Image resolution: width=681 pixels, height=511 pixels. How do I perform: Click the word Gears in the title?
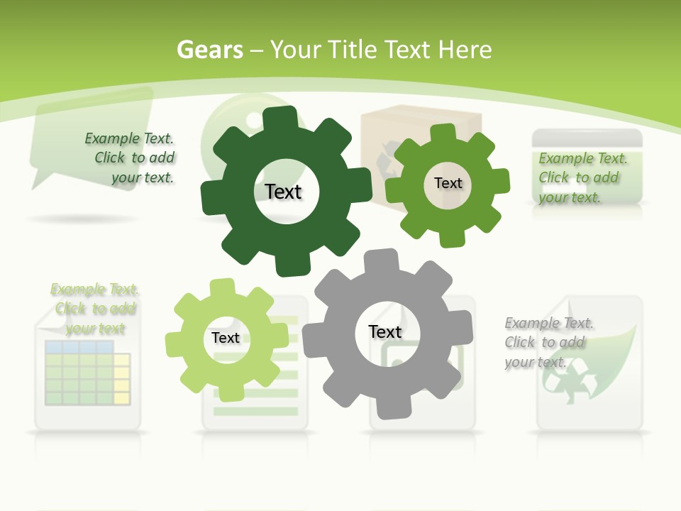pos(209,50)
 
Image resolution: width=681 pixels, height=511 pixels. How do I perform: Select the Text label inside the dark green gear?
pos(283,192)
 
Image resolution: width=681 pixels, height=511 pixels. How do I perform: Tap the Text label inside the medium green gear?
pos(448,183)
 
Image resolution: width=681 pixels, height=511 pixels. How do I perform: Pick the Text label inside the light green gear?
pos(226,339)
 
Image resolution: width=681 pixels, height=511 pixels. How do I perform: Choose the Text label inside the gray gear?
pos(385,332)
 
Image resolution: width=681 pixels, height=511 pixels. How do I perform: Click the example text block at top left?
pos(131,158)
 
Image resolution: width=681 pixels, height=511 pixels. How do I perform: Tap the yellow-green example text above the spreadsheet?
pos(95,309)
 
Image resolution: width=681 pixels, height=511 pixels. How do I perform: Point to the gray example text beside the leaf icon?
pos(548,343)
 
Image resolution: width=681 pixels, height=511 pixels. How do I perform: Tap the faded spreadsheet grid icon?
pos(87,373)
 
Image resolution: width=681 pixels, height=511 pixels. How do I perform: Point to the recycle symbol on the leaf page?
pos(565,383)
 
